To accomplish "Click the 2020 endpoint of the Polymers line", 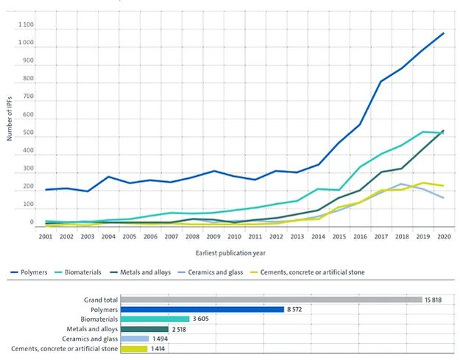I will click(x=443, y=33).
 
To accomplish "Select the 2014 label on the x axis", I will click(x=317, y=236).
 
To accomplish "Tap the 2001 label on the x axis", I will click(x=45, y=236).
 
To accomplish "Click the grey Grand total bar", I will click(x=270, y=300).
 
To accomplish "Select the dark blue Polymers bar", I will click(x=202, y=309).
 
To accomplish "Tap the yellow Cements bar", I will click(x=134, y=348).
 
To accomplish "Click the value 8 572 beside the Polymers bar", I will click(x=295, y=309).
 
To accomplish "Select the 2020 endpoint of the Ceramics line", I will click(x=443, y=197).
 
